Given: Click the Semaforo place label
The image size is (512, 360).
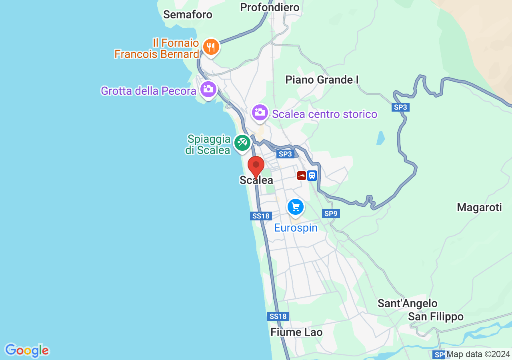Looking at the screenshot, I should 188,15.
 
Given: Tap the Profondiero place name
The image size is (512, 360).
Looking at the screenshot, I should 270,7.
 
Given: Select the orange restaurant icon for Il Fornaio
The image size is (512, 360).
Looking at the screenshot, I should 210,47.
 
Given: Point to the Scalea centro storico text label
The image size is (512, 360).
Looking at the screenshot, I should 324,114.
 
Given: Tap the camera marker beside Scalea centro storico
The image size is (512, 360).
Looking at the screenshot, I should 260,112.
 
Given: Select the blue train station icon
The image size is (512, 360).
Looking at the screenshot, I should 312,176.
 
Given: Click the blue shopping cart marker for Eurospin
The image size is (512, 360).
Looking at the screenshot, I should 296,207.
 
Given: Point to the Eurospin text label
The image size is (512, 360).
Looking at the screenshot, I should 296,228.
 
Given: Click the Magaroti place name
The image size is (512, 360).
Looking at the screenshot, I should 479,207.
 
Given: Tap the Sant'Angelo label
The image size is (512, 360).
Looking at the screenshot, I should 407,304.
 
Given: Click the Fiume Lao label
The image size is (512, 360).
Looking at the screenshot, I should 296,332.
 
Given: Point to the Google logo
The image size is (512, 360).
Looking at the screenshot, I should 27,350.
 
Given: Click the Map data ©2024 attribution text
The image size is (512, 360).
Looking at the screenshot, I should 478,354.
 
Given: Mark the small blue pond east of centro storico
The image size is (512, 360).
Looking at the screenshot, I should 381,138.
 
